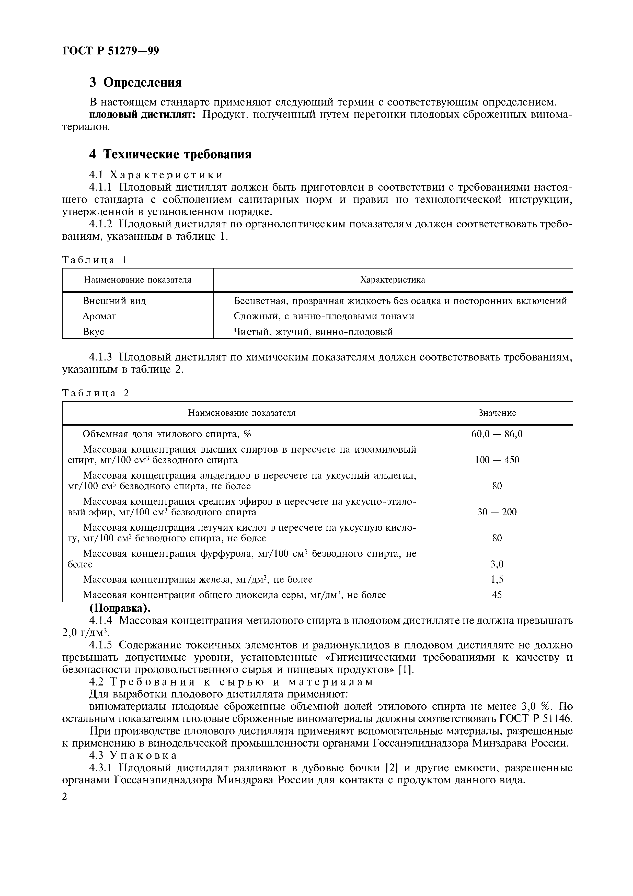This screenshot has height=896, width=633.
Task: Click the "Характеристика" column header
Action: [x=393, y=280]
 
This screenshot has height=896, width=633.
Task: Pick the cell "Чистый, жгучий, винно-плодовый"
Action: [x=313, y=332]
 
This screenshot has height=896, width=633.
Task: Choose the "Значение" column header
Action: [x=497, y=413]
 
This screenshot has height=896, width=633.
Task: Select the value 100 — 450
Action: [x=497, y=460]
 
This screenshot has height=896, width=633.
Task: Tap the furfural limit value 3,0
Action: [x=497, y=564]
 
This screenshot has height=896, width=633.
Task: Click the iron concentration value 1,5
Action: [x=497, y=579]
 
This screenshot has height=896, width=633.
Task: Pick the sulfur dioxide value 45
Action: [x=497, y=595]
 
